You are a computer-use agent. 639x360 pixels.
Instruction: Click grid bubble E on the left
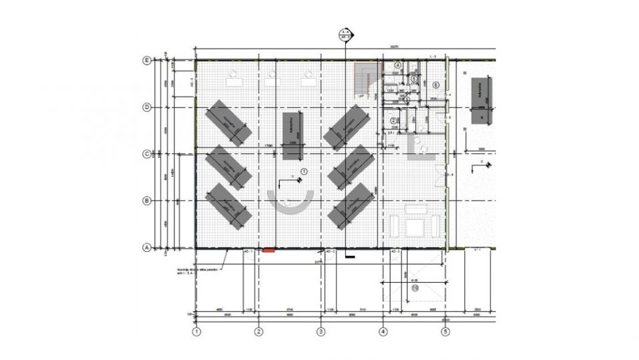(147, 60)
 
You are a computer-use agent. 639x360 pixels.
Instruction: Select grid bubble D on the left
(147, 107)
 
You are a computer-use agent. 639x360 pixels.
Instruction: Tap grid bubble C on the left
(147, 153)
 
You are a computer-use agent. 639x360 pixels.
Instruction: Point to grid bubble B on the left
(147, 200)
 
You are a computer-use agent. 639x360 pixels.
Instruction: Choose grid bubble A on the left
(147, 247)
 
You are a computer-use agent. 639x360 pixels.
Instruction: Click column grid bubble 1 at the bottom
(197, 331)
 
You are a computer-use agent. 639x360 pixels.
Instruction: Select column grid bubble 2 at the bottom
(259, 331)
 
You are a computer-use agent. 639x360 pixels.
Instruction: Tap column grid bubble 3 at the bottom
(320, 331)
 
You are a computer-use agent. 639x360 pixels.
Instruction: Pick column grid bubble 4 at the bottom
(382, 331)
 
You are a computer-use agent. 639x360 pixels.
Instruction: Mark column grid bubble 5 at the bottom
(444, 331)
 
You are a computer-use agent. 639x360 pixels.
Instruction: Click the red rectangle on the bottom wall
(269, 251)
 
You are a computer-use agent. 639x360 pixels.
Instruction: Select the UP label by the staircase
(361, 97)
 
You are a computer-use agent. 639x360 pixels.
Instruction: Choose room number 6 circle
(436, 85)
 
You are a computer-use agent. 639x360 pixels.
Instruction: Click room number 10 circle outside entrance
(414, 288)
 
